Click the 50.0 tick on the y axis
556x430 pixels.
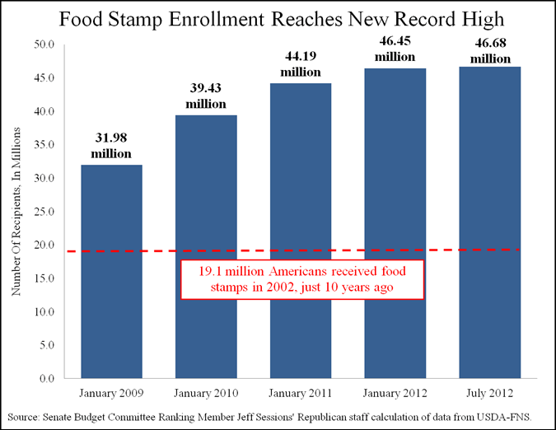click(44, 44)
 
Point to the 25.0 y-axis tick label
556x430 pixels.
click(44, 212)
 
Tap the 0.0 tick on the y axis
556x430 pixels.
click(47, 379)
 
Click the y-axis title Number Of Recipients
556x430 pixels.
click(16, 213)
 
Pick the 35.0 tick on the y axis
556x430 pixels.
click(44, 145)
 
